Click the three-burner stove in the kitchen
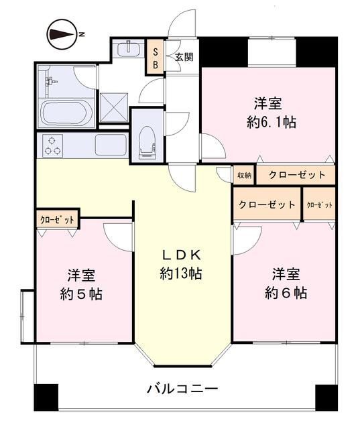pos(52,145)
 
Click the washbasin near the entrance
pos(127,50)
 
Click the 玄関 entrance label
pos(184,58)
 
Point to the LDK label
pos(180,255)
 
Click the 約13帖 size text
pos(180,273)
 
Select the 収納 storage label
pos(243,176)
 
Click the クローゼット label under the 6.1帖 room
pos(297,176)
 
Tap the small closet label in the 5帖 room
pos(56,220)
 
